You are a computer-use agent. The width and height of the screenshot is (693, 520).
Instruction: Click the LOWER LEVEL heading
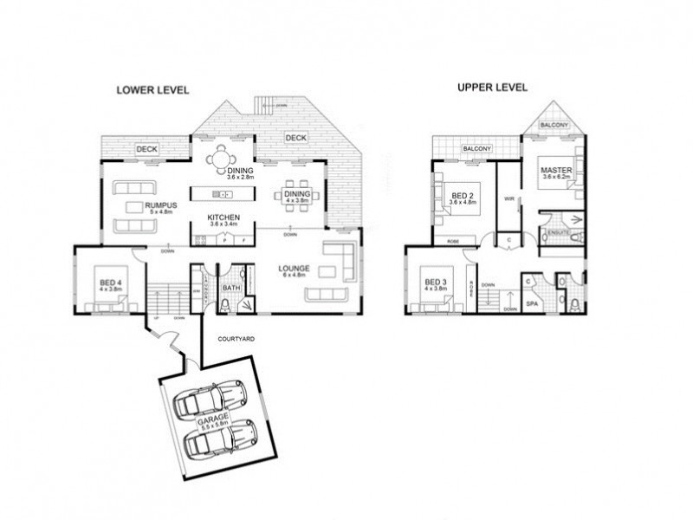pyautogui.click(x=152, y=90)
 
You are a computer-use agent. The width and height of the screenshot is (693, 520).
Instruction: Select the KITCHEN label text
pyautogui.click(x=223, y=218)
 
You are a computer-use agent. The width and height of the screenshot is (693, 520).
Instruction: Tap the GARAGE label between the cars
pyautogui.click(x=213, y=420)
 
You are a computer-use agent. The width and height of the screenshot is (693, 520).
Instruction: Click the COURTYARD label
pyautogui.click(x=236, y=337)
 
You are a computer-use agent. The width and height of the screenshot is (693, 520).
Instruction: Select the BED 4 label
pyautogui.click(x=110, y=283)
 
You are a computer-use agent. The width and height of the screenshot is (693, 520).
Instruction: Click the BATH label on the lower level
pyautogui.click(x=230, y=287)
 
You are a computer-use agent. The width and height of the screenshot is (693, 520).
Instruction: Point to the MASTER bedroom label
pyautogui.click(x=554, y=170)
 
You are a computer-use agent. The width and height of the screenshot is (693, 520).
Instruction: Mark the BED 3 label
pyautogui.click(x=436, y=283)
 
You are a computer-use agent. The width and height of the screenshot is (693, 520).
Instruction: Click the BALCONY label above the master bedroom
pyautogui.click(x=554, y=126)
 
